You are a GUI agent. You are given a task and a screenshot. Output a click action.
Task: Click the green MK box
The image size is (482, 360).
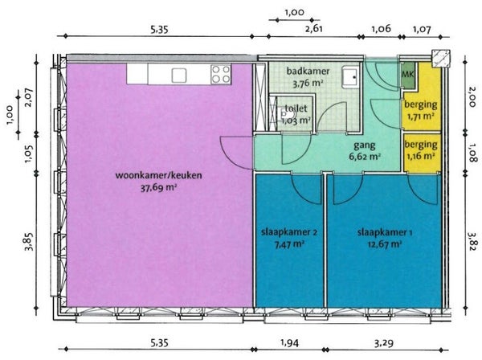coord(409,75)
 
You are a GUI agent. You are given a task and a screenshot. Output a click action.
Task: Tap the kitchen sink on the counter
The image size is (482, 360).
coord(179,76)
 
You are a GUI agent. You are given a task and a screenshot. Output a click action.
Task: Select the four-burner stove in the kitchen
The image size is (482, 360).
coord(221,74)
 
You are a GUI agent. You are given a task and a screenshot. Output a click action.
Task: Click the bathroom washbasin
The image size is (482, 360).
coord(351,77)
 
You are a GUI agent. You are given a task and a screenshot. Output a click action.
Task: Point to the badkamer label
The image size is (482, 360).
coord(308,72)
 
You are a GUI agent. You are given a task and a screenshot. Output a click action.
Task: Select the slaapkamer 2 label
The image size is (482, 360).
coord(289,232)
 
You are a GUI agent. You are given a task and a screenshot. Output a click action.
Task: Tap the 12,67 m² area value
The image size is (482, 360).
coord(385,244)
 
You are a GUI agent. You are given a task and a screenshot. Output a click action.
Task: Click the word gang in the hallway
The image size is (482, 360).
coord(365,145)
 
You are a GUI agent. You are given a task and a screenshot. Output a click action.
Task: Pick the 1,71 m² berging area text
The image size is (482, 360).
coord(420,117)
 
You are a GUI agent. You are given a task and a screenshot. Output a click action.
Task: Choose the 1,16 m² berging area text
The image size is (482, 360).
coord(421,156)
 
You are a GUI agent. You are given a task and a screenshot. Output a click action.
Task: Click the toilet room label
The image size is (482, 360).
coord(296,108)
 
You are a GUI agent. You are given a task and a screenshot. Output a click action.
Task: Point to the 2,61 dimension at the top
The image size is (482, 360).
coord(314,29)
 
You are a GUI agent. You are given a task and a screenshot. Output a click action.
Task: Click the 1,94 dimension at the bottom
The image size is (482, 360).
coord(289,342)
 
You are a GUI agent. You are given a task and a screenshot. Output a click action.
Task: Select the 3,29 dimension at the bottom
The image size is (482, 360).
coord(383,342)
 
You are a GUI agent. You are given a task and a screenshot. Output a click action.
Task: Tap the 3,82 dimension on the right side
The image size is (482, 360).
coord(472,241)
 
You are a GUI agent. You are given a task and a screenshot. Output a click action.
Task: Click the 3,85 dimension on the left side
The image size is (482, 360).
coord(30,242)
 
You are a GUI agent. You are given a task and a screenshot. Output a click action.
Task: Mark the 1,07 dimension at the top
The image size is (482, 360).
coord(422,29)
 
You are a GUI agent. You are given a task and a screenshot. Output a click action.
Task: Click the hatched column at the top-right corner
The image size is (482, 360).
coord(441,59)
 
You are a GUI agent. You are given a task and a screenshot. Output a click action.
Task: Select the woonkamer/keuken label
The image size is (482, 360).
coord(158,175)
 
